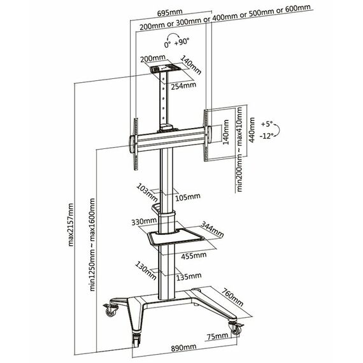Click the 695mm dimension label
(170, 13)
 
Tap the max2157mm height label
(71, 225)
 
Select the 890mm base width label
(183, 347)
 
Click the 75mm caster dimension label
(218, 336)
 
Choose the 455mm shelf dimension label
(194, 256)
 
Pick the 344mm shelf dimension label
(212, 229)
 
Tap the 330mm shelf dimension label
(144, 222)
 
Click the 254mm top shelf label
(183, 86)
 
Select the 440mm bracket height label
(252, 130)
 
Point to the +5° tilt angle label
(267, 124)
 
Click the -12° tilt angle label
(266, 136)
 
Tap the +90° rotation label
(181, 42)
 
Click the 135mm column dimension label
(189, 276)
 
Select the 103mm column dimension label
(147, 192)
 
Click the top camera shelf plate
(164, 69)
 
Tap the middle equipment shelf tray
(176, 236)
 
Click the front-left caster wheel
(136, 339)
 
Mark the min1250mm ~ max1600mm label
(92, 245)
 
